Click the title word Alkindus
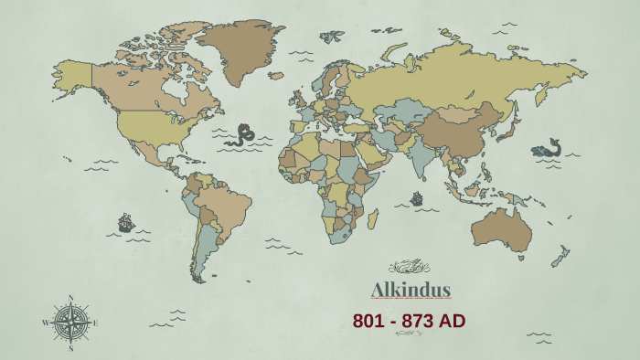pos(411,291)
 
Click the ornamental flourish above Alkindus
pos(410,267)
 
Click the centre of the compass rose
pos(70,323)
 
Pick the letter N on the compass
pos(70,297)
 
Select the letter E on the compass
pos(95,323)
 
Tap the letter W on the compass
pos(45,323)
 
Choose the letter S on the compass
pos(70,348)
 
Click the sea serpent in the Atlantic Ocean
pos(243,136)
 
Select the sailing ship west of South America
pos(125,222)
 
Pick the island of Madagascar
pos(372,218)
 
